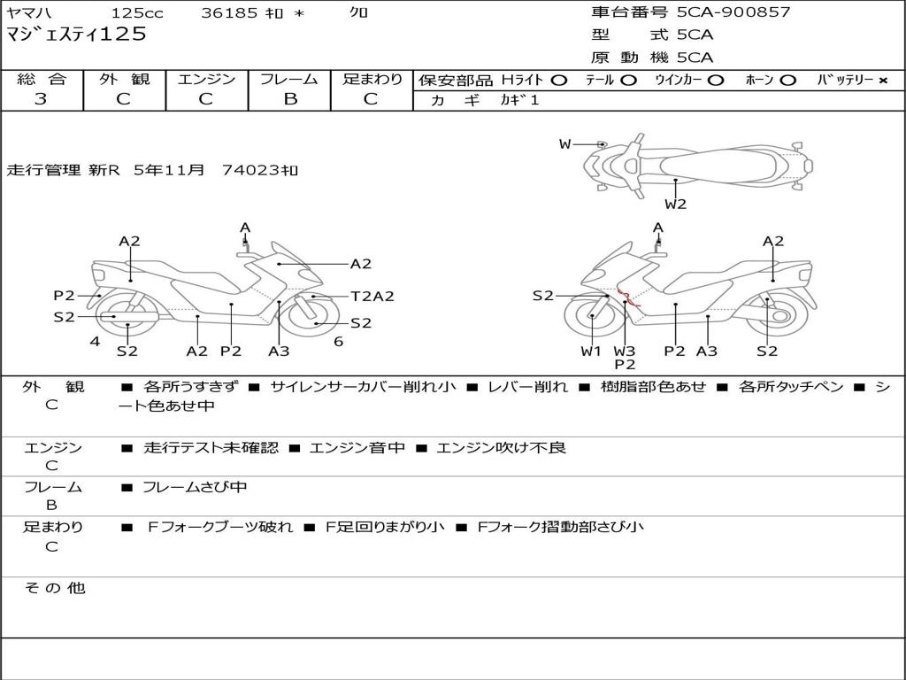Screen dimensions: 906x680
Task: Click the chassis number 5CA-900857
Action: (733, 12)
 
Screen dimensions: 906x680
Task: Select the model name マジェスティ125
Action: (76, 35)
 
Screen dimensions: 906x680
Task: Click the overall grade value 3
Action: (41, 99)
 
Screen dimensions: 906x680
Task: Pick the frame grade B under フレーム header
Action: (290, 99)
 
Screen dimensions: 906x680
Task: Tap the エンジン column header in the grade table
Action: (206, 79)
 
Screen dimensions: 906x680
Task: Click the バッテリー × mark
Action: (882, 80)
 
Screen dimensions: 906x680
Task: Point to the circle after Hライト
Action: (558, 80)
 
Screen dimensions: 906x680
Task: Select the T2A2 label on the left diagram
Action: (372, 297)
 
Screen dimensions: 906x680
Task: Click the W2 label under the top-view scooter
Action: (676, 205)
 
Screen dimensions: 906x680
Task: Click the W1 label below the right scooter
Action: (591, 351)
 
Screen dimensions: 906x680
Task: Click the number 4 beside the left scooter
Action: (95, 342)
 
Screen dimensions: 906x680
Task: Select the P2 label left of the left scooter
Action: (64, 296)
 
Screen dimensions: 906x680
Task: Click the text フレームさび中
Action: (195, 487)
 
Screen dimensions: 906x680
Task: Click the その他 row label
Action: (54, 588)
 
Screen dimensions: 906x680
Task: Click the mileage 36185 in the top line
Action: (229, 13)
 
